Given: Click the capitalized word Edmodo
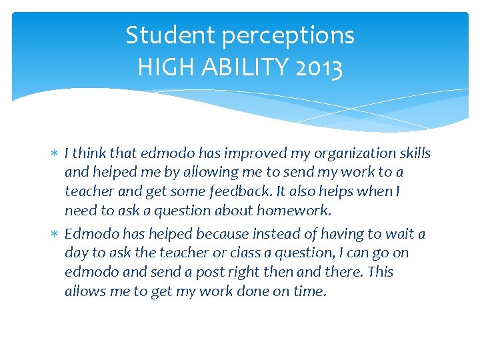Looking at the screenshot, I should pos(90,234).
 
